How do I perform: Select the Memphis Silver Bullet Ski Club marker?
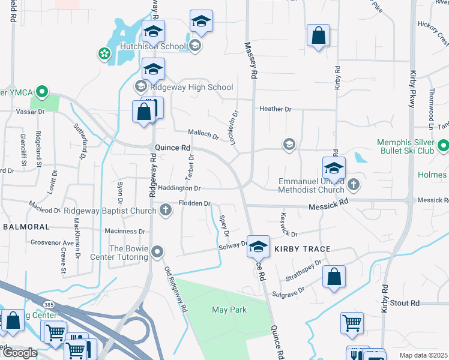point(444,146)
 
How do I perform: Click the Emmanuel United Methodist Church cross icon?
point(354,185)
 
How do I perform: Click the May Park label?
point(229,310)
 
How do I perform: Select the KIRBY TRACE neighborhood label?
point(299,248)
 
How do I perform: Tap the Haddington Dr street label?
point(179,188)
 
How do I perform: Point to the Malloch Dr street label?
point(203,134)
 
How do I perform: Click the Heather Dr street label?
point(275,109)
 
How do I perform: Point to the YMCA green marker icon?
point(41,92)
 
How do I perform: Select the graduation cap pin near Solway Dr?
point(258,246)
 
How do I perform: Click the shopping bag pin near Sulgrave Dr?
point(334,277)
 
